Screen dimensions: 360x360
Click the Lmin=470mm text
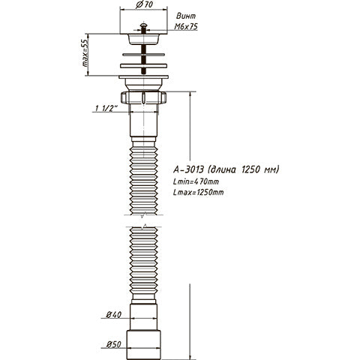point(198,181)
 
